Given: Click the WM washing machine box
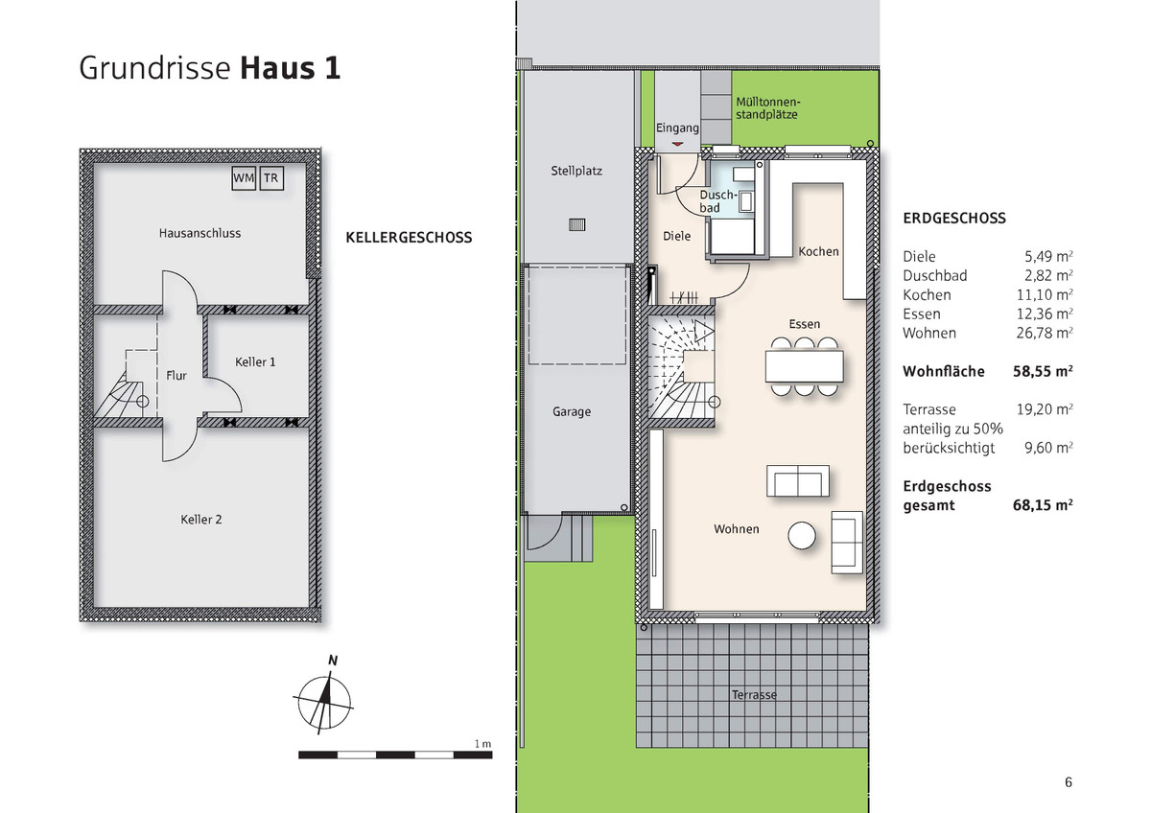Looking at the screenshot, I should pos(244,178).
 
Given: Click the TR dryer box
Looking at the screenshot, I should pos(271,178).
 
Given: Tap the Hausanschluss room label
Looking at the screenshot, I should pos(200,233).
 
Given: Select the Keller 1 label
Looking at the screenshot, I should pos(255,361).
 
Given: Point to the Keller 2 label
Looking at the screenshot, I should pos(201,520).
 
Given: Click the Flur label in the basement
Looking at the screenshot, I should pos(176,376).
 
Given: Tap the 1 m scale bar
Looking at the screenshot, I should pos(395,755).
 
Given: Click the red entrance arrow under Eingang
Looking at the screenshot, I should pos(678,144).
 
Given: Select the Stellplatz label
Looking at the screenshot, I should pos(576,172).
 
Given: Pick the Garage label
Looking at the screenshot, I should pos(572,412).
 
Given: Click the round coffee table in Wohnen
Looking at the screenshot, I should pos(802,535).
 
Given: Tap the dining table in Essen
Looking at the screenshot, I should pos(804,364).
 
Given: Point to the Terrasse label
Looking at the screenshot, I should pos(753,695).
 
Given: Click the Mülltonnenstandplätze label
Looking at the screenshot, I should pos(767,107).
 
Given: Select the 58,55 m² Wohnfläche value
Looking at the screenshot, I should pos(1043,371).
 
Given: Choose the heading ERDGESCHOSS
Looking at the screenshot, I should pos(954,219).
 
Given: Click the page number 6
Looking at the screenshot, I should pos(1069,782).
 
